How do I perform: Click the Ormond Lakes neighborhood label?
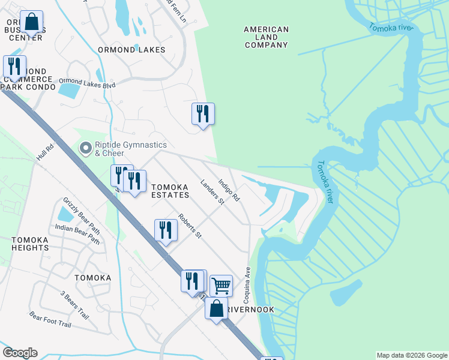pyautogui.click(x=131, y=50)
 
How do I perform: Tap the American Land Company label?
pyautogui.click(x=267, y=37)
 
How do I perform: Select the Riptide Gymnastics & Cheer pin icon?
pyautogui.click(x=86, y=148)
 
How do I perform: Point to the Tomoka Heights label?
pyautogui.click(x=30, y=244)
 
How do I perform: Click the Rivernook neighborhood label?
pyautogui.click(x=253, y=310)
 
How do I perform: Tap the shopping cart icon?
pyautogui.click(x=221, y=286)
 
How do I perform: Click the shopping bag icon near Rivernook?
pyautogui.click(x=217, y=309)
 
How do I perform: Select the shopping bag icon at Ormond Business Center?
pyautogui.click(x=31, y=22)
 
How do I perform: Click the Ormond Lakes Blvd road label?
pyautogui.click(x=87, y=83)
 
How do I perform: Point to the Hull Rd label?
pyautogui.click(x=45, y=151)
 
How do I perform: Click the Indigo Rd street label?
pyautogui.click(x=229, y=190)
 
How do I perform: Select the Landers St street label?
pyautogui.click(x=212, y=192)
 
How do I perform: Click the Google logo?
pyautogui.click(x=20, y=353)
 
